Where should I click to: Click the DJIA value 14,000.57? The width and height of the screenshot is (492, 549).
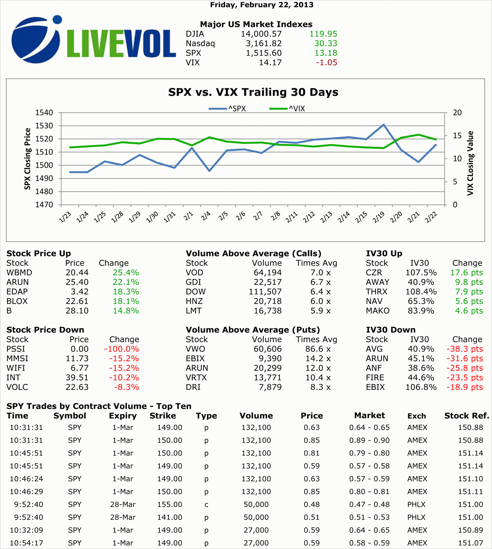pyautogui.click(x=261, y=34)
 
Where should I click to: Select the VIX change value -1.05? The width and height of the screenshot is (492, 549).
pyautogui.click(x=327, y=63)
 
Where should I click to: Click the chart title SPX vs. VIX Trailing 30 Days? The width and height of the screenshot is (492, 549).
pyautogui.click(x=253, y=92)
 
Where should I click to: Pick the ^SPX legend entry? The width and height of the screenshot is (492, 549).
pyautogui.click(x=228, y=109)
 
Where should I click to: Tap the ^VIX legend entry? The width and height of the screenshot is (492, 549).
pyautogui.click(x=287, y=109)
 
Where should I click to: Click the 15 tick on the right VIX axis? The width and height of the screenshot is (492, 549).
pyautogui.click(x=457, y=135)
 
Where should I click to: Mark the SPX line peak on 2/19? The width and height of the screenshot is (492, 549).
pyautogui.click(x=383, y=125)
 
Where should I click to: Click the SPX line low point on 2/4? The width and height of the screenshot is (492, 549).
pyautogui.click(x=210, y=171)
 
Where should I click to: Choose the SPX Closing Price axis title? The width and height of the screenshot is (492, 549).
pyautogui.click(x=27, y=159)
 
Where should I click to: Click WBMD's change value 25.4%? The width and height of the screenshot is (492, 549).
pyautogui.click(x=126, y=273)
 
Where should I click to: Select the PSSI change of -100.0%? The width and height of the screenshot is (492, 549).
pyautogui.click(x=121, y=349)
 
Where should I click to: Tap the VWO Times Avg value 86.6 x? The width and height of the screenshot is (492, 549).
pyautogui.click(x=318, y=349)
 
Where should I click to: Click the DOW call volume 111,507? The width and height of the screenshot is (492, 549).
pyautogui.click(x=265, y=292)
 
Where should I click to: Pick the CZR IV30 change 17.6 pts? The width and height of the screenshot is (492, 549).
pyautogui.click(x=466, y=273)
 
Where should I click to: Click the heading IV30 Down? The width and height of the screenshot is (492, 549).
pyautogui.click(x=391, y=330)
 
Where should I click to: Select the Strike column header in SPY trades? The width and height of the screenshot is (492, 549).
pyautogui.click(x=163, y=416)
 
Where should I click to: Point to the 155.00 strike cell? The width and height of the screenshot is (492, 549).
pyautogui.click(x=170, y=505)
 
